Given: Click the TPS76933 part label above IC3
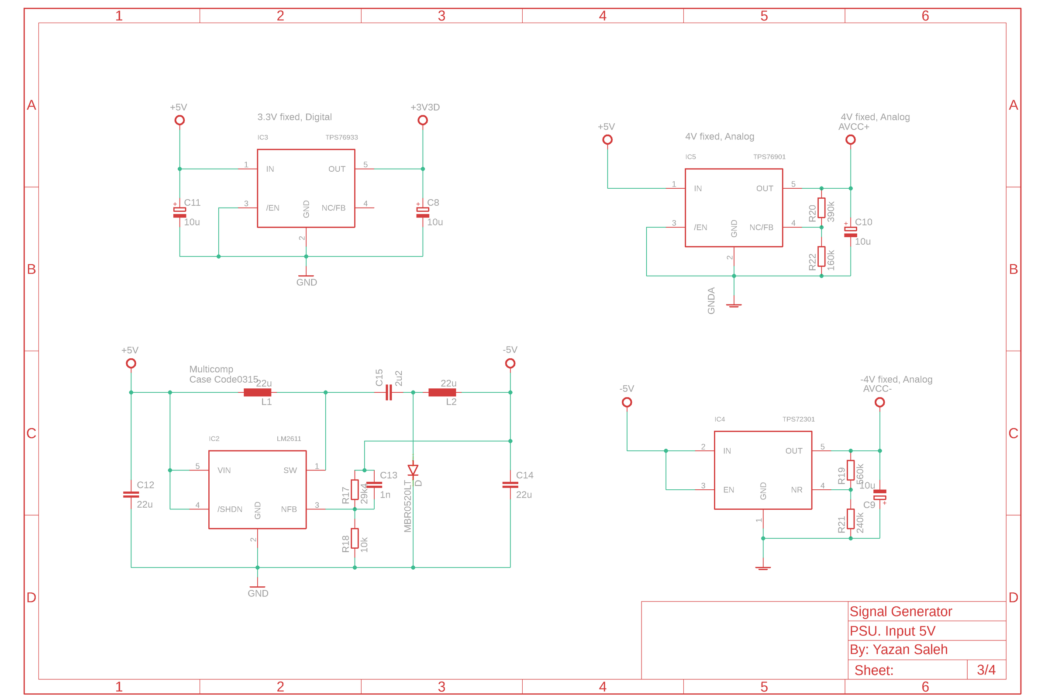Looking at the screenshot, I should pyautogui.click(x=341, y=137).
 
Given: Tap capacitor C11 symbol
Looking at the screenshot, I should pyautogui.click(x=179, y=213).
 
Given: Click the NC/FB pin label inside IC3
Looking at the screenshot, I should pyautogui.click(x=333, y=208).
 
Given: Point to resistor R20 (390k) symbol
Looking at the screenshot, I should pyautogui.click(x=821, y=208).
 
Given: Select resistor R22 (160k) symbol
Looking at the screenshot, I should pyautogui.click(x=821, y=256).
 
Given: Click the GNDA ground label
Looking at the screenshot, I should pyautogui.click(x=711, y=301).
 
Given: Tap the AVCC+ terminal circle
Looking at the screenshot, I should pyautogui.click(x=850, y=140).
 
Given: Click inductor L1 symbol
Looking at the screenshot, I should pyautogui.click(x=258, y=392).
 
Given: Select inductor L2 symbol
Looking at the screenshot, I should pyautogui.click(x=442, y=392).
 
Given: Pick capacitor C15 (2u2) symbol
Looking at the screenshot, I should pyautogui.click(x=389, y=392).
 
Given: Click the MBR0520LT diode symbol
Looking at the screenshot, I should pyautogui.click(x=413, y=470).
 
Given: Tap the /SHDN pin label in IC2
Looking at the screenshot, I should pyautogui.click(x=230, y=509).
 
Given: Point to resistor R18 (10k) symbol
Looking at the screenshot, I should pyautogui.click(x=355, y=538).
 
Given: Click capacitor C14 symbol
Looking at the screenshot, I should pyautogui.click(x=510, y=484).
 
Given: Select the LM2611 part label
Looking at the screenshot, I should pyautogui.click(x=289, y=439).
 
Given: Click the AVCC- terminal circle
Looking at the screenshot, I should pyautogui.click(x=879, y=402).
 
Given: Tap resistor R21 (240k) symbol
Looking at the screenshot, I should pyautogui.click(x=851, y=519).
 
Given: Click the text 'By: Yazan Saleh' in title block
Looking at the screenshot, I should pyautogui.click(x=898, y=650).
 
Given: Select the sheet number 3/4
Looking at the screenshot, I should pyautogui.click(x=986, y=670).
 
